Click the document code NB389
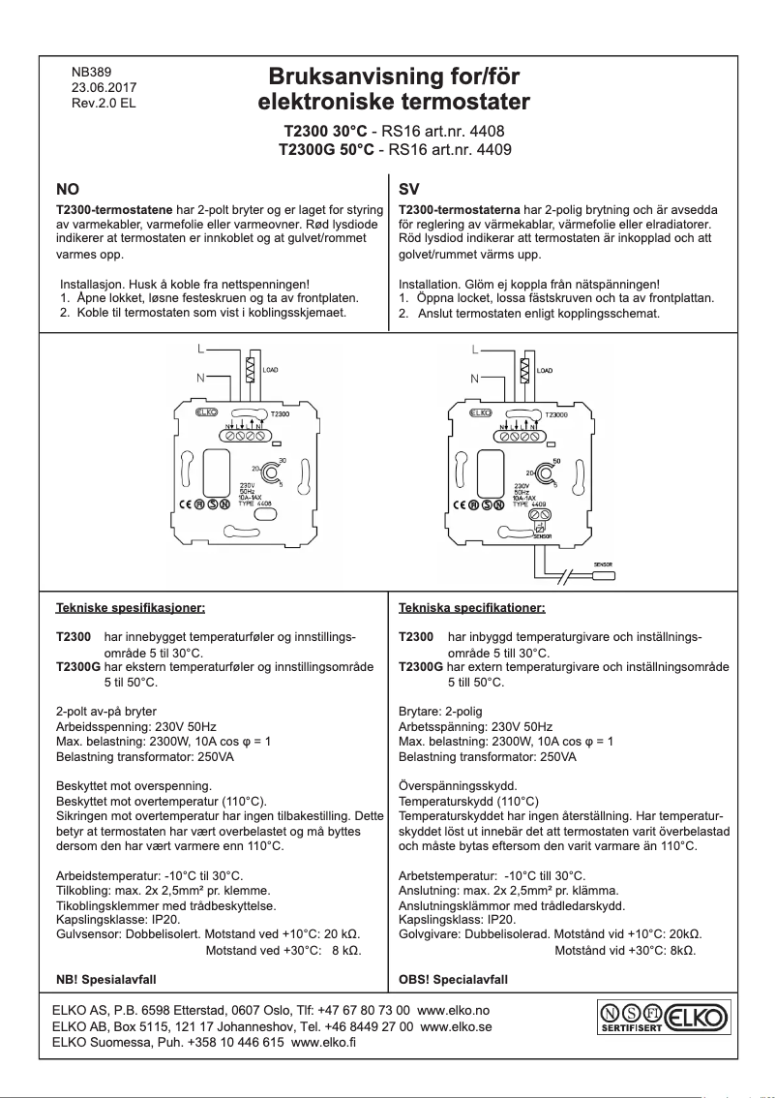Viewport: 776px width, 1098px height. (x=92, y=72)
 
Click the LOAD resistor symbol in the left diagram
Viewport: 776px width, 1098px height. (x=251, y=370)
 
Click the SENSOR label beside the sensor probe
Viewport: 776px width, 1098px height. (x=606, y=564)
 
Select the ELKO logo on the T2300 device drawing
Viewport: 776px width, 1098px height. (x=206, y=412)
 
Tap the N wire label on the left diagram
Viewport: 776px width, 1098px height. (x=200, y=378)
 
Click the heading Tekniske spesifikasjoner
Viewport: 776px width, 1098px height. (x=131, y=609)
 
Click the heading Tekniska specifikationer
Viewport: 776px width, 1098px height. (x=472, y=609)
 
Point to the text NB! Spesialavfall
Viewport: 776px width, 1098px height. (x=107, y=979)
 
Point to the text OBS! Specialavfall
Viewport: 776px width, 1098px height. (x=453, y=979)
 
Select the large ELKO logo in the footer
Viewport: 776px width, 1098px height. (x=696, y=1018)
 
